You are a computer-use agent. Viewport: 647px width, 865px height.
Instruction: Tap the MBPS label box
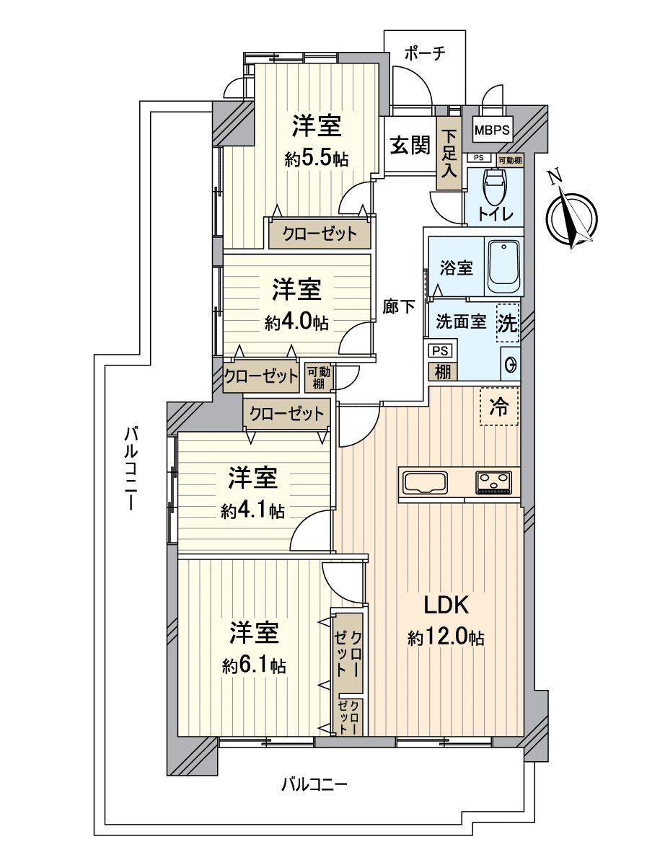[493, 131]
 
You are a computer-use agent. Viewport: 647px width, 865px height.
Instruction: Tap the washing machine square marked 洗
[508, 324]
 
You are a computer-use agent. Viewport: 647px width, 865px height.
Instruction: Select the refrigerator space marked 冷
[499, 407]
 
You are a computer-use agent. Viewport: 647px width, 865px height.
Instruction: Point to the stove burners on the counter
[494, 481]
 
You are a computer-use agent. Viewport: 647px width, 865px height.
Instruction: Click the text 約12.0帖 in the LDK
[445, 638]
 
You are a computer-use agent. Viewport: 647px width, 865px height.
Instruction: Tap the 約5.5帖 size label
[317, 159]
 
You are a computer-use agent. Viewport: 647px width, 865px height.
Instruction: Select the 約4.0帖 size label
[296, 323]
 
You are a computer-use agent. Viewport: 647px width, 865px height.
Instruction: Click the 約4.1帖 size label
[252, 511]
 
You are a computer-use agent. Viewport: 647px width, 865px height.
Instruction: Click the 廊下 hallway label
[398, 307]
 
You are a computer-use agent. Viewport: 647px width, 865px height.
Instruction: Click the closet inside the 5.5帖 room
[320, 234]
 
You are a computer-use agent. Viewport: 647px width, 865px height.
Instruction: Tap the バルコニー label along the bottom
[314, 784]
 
